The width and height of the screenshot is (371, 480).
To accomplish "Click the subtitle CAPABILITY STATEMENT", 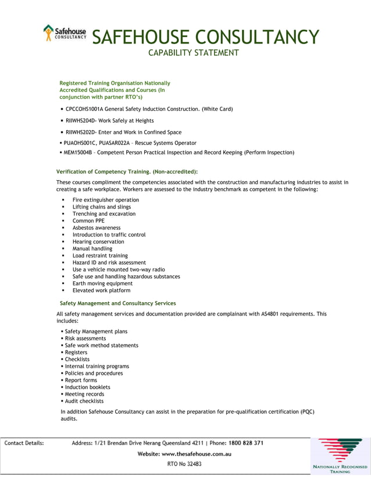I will (193, 53).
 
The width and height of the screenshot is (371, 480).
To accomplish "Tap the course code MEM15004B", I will (77, 153).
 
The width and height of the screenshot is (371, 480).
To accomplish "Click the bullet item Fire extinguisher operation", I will (105, 200).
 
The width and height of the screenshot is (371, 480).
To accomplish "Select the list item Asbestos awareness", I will (97, 228).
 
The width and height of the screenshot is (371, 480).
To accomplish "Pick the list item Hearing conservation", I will (98, 242).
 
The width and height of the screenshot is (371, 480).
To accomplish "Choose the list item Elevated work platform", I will (101, 291).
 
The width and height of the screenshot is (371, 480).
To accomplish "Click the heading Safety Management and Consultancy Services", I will (117, 303).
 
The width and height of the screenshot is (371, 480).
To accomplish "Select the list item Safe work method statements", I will (101, 345).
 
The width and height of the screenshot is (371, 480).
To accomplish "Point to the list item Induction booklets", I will (87, 387).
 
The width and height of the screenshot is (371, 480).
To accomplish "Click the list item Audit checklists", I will (84, 401).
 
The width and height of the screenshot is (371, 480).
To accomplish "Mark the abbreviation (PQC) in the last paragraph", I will (307, 411).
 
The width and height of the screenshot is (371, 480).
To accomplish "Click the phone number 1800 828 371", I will (246, 443).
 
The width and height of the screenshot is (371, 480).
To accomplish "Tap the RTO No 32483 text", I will (184, 464).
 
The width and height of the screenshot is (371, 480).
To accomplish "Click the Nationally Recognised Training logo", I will (340, 456).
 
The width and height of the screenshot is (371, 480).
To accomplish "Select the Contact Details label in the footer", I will (24, 443).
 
